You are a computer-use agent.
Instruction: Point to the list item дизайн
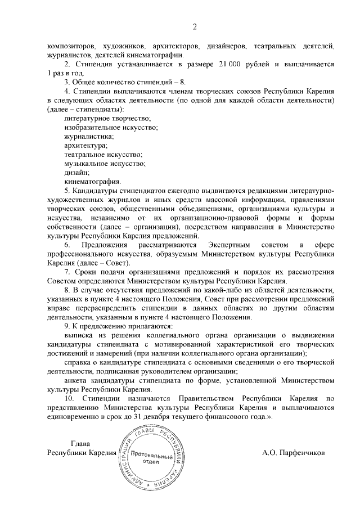tap(77, 173)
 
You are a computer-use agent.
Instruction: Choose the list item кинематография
tap(92, 182)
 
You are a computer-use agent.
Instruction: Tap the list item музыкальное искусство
tap(105, 164)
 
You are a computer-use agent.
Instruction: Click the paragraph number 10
tap(70, 399)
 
